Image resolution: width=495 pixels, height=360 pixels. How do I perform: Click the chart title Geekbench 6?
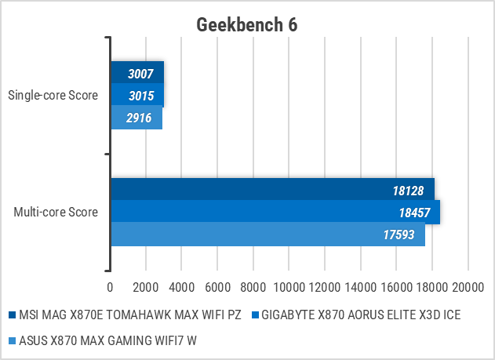tap(247, 24)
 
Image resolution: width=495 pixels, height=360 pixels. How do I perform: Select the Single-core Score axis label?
tap(53, 96)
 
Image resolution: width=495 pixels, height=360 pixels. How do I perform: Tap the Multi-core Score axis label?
tap(56, 212)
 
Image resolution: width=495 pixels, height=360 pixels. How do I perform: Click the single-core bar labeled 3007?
tap(136, 73)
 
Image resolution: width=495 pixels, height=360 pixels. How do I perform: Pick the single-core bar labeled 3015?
tap(136, 95)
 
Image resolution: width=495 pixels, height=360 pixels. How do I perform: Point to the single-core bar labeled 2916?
tap(136, 118)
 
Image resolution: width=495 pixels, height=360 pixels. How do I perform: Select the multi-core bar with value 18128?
tap(271, 190)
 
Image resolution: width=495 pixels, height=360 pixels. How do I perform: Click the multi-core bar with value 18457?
tap(275, 212)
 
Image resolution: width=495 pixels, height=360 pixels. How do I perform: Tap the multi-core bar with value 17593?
tap(267, 234)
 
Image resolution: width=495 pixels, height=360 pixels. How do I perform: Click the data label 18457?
tap(414, 212)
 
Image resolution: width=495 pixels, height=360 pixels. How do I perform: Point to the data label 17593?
tap(399, 234)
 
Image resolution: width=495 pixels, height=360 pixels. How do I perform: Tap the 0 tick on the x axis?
tap(111, 286)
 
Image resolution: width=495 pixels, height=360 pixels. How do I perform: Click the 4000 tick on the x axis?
tap(182, 286)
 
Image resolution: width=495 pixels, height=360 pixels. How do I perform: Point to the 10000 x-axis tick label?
tap(289, 286)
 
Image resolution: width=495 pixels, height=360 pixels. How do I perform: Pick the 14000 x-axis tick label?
tap(361, 286)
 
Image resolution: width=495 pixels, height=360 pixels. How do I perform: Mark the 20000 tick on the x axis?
tap(468, 286)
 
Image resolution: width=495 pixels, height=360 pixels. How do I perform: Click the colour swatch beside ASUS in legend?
tap(11, 340)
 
